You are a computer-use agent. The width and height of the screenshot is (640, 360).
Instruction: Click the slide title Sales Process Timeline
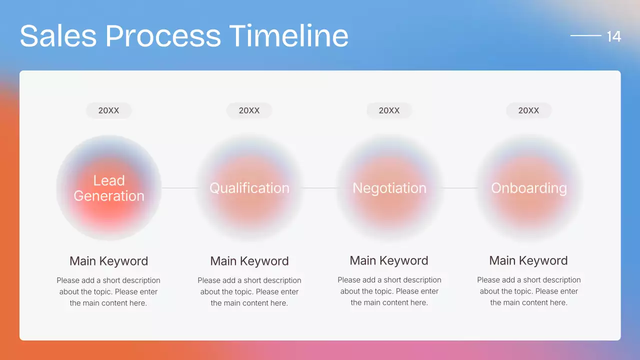tap(184, 36)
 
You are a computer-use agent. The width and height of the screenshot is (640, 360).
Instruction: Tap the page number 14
tap(613, 36)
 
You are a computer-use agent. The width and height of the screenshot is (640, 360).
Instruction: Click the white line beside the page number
tap(585, 35)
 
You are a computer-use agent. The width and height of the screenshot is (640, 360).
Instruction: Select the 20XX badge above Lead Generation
tap(109, 110)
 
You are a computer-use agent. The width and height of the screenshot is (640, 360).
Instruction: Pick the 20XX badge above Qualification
tap(249, 110)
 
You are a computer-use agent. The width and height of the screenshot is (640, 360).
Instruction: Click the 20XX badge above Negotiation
tap(389, 110)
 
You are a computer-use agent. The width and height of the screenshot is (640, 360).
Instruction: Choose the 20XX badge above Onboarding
tap(528, 110)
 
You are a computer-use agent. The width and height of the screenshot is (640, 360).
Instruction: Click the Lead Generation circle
tap(109, 188)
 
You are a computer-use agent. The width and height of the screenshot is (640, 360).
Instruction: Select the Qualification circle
tap(249, 188)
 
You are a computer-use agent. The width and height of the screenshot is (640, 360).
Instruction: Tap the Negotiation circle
tap(389, 188)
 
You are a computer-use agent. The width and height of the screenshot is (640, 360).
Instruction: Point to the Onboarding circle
tap(528, 188)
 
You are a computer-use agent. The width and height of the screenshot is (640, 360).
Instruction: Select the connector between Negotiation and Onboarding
tap(459, 188)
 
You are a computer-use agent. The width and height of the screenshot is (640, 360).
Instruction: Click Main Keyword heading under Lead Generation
tap(109, 261)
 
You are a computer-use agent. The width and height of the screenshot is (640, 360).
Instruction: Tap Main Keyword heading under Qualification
tap(249, 261)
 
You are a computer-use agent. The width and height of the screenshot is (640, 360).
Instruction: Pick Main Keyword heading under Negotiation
tap(389, 260)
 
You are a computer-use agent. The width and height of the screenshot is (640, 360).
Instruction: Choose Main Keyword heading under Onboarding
tap(528, 260)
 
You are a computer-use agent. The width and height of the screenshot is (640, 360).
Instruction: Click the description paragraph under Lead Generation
tap(108, 291)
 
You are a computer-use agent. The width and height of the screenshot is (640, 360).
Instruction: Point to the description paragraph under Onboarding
tap(528, 291)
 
